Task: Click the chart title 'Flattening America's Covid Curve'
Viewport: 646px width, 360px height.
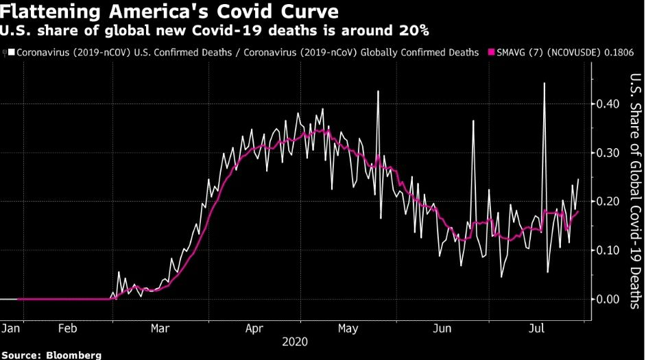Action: pyautogui.click(x=172, y=12)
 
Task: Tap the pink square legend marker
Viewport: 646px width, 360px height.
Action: pyautogui.click(x=491, y=52)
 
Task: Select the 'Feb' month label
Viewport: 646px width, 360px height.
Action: pyautogui.click(x=67, y=328)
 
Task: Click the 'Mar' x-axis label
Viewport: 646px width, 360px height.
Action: pyautogui.click(x=160, y=328)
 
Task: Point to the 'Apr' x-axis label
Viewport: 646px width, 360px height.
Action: pyautogui.click(x=254, y=328)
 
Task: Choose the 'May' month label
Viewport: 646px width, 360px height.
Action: pyautogui.click(x=348, y=328)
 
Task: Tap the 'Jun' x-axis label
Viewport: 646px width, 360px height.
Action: pyautogui.click(x=442, y=328)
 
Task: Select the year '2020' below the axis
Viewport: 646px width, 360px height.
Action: pyautogui.click(x=294, y=341)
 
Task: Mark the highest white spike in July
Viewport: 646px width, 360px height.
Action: pyautogui.click(x=545, y=84)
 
